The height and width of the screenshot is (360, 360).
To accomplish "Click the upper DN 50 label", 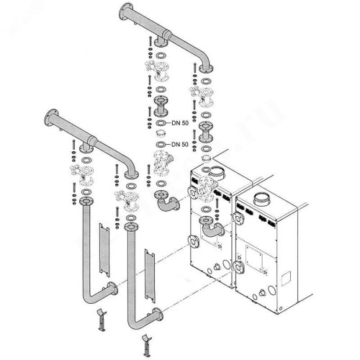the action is pos(180,123).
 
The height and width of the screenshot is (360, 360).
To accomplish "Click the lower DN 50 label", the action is pos(180,145).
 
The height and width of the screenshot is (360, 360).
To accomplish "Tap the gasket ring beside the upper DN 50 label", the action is pos(161,123).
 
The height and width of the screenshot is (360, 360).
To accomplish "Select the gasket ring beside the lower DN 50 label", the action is pos(161,145).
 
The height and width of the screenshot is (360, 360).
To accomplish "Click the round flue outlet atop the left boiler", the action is pos(218,172).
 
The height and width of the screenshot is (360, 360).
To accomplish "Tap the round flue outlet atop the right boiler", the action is pos(264,199).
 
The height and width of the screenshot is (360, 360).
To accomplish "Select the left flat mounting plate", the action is pos(104,250).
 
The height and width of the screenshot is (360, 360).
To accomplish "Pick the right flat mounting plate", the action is pos(150,276).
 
